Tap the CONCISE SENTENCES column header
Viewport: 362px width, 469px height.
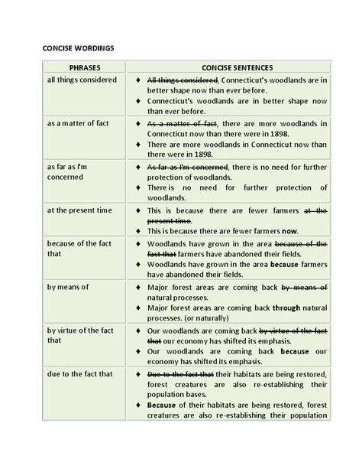pos(238,67)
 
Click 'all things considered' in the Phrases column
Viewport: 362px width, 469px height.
pos(82,80)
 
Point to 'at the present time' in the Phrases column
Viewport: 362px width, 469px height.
pos(80,209)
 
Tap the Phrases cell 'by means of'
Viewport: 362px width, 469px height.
pos(69,287)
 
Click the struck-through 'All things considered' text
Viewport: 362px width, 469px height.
pos(183,80)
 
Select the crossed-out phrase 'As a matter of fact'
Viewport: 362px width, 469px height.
pos(182,122)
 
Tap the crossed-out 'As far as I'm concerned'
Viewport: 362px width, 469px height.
pos(187,166)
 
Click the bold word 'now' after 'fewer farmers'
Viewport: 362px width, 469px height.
pos(289,231)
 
